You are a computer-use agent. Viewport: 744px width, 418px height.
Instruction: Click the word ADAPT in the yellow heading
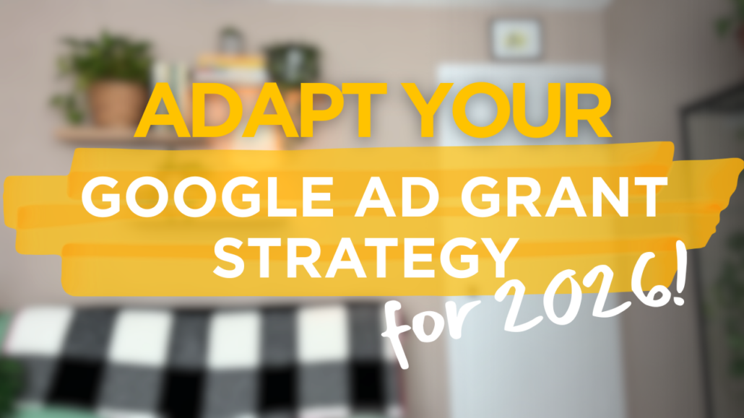click(260, 110)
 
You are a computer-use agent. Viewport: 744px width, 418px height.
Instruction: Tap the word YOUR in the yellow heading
click(506, 110)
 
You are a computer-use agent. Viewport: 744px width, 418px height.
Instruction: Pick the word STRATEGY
click(365, 258)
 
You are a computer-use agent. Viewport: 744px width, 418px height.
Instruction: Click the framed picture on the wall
click(516, 40)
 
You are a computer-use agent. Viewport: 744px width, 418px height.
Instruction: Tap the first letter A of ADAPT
click(160, 110)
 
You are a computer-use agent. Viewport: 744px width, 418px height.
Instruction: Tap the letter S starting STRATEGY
click(229, 258)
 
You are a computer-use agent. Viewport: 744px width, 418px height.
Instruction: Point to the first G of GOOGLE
click(102, 197)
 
